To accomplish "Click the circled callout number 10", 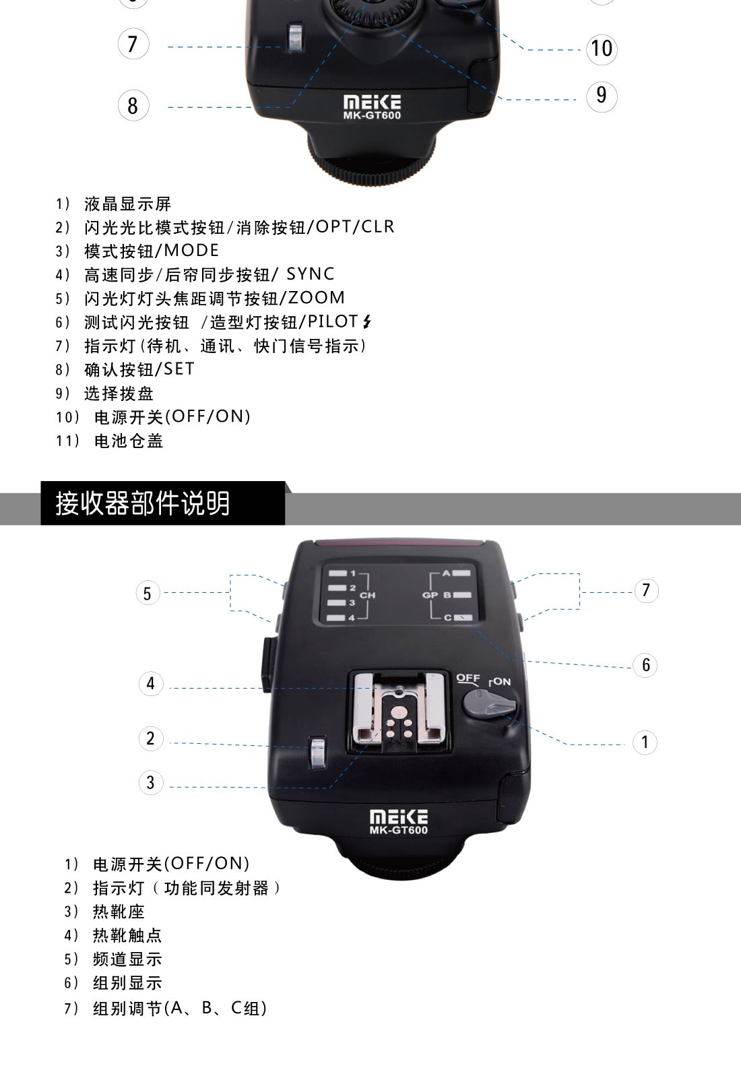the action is pyautogui.click(x=602, y=49).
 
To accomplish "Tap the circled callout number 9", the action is pyautogui.click(x=602, y=96).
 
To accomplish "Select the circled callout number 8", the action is pyautogui.click(x=133, y=106).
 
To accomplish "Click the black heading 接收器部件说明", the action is pyautogui.click(x=143, y=503).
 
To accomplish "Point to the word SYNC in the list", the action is pyautogui.click(x=311, y=274).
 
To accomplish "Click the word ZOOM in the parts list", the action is pyautogui.click(x=316, y=298).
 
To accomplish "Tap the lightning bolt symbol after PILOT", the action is pyautogui.click(x=367, y=321).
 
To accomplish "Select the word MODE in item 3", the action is pyautogui.click(x=191, y=250).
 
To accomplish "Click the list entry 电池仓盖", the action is pyautogui.click(x=129, y=441).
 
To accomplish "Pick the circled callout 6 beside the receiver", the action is pyautogui.click(x=645, y=664).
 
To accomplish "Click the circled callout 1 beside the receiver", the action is pyautogui.click(x=645, y=743).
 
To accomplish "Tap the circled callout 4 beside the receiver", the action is pyautogui.click(x=151, y=683).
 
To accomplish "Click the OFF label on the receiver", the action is pyautogui.click(x=468, y=678).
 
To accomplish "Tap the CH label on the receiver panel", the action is pyautogui.click(x=367, y=596).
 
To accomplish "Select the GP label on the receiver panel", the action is pyautogui.click(x=430, y=595).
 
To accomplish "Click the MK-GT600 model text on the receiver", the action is pyautogui.click(x=399, y=830).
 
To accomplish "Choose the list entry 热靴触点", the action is pyautogui.click(x=127, y=935).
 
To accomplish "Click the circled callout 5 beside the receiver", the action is pyautogui.click(x=148, y=593).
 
